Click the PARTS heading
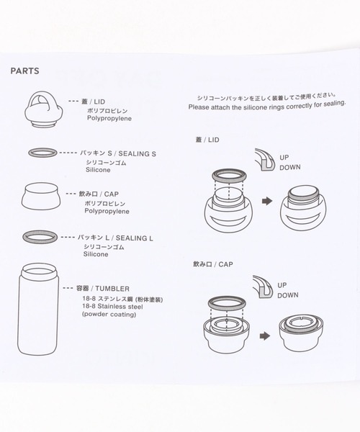point(24,71)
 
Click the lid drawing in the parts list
point(43,109)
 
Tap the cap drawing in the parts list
point(41,196)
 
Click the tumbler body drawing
point(38,309)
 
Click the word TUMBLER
point(112,289)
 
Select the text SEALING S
point(137,154)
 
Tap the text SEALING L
point(135,238)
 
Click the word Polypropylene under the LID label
point(109,119)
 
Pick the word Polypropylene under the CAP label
point(107,211)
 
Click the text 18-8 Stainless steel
point(112,307)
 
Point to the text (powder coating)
point(109,315)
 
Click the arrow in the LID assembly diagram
point(267,201)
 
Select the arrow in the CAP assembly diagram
point(265,336)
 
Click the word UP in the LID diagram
point(284,158)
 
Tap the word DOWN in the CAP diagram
point(288,295)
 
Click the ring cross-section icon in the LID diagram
point(265,160)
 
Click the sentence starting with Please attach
point(267,106)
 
